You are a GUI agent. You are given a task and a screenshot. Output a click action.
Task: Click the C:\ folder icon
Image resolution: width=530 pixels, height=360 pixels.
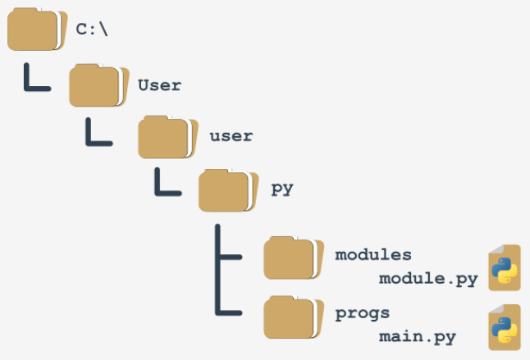(x=37, y=30)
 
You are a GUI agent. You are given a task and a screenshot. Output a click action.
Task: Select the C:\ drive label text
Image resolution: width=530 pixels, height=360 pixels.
(x=92, y=30)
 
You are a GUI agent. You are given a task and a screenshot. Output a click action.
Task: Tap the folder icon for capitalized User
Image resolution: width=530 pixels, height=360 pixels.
(x=99, y=85)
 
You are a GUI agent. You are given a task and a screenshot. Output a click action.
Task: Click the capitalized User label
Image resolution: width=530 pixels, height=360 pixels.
(x=159, y=85)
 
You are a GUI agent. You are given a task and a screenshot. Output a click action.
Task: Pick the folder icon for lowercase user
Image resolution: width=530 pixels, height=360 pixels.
(x=168, y=137)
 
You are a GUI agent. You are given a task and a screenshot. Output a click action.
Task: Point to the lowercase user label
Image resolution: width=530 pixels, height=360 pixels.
(x=231, y=136)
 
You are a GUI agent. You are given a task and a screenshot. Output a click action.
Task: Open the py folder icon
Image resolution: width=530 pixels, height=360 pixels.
(x=229, y=190)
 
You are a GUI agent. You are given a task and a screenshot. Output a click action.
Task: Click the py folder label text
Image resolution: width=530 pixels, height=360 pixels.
(x=282, y=189)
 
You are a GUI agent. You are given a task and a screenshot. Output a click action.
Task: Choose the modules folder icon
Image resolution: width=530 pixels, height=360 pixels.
(x=294, y=258)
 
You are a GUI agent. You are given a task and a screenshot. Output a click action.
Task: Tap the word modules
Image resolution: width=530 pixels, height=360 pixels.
(x=373, y=255)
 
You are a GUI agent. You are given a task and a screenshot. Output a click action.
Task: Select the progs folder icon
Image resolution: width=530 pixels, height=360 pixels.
(x=294, y=317)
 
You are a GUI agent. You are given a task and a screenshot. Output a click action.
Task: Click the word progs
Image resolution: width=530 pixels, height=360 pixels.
(x=363, y=314)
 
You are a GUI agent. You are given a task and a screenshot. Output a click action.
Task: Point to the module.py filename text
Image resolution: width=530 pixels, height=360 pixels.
(x=428, y=280)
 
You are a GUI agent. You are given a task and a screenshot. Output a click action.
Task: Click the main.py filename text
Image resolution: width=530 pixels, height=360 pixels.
(x=418, y=337)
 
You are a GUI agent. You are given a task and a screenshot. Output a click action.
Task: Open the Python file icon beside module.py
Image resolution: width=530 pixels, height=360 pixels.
(x=505, y=268)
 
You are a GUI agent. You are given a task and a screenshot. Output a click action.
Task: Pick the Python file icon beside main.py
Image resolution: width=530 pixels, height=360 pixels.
(x=505, y=327)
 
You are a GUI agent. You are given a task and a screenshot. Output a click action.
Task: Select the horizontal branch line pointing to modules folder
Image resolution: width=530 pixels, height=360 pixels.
(x=231, y=257)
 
